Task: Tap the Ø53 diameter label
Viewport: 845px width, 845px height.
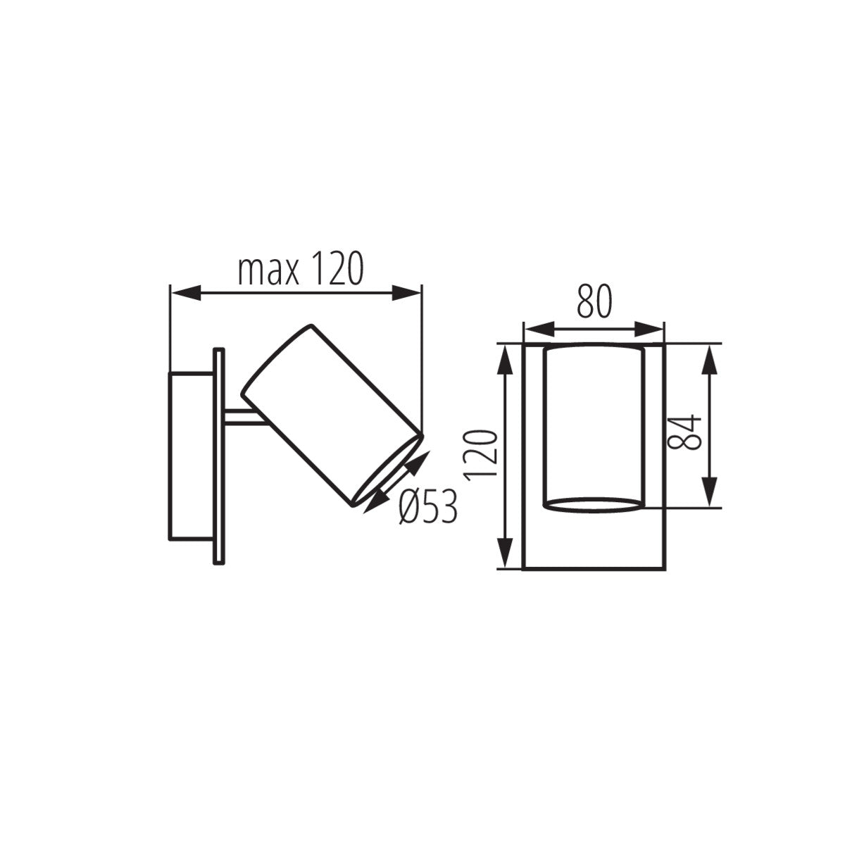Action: (x=427, y=506)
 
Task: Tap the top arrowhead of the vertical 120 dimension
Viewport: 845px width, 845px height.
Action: (x=505, y=360)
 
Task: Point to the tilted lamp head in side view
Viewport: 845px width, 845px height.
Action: (x=331, y=415)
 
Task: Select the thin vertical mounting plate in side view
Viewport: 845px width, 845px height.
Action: (x=219, y=455)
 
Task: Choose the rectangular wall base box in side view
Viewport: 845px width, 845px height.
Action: (x=190, y=455)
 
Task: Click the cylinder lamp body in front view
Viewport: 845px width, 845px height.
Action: (x=594, y=423)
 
